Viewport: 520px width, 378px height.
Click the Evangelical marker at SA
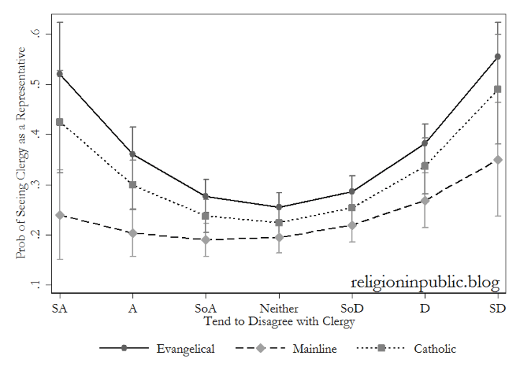click(x=60, y=73)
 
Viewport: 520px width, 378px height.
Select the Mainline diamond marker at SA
click(x=60, y=215)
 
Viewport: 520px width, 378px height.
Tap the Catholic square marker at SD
click(x=498, y=90)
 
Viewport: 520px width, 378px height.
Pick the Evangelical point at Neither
click(x=279, y=207)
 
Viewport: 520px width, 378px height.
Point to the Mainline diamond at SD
click(x=498, y=160)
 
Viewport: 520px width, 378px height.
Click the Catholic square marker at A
click(x=133, y=185)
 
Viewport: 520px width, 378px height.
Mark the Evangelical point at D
click(x=425, y=144)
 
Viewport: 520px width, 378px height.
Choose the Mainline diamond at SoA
click(x=206, y=239)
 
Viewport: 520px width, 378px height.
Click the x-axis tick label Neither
click(x=279, y=309)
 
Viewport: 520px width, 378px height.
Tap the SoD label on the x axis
click(x=352, y=309)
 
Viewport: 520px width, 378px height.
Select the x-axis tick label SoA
click(x=206, y=309)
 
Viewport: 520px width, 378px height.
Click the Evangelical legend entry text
click(x=185, y=349)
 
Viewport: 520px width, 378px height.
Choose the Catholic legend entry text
click(x=434, y=349)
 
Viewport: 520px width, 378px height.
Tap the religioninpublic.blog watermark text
click(x=425, y=283)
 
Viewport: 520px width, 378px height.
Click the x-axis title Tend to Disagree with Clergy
click(x=279, y=322)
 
